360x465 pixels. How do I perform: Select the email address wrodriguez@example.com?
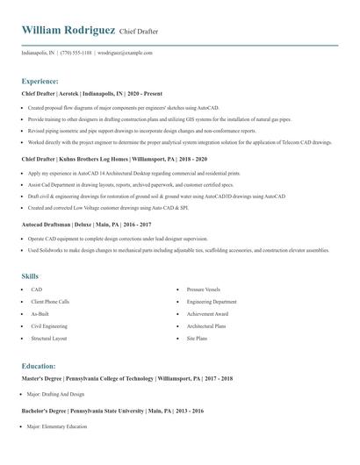tap(126, 53)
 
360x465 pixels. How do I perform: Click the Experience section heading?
tap(40, 80)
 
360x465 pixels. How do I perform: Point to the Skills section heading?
tap(30, 275)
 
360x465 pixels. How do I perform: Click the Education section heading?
tap(39, 366)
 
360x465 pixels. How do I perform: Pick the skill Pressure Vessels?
tap(203, 289)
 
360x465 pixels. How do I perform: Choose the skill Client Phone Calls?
tap(50, 301)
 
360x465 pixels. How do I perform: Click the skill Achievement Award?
tap(207, 313)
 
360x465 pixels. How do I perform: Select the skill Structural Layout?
tap(49, 338)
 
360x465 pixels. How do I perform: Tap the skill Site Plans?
tap(197, 338)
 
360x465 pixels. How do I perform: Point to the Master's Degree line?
tap(126, 378)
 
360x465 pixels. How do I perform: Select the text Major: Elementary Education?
tap(57, 426)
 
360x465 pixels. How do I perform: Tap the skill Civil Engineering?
tap(49, 325)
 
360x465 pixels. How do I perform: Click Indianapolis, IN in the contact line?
tap(39, 53)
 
